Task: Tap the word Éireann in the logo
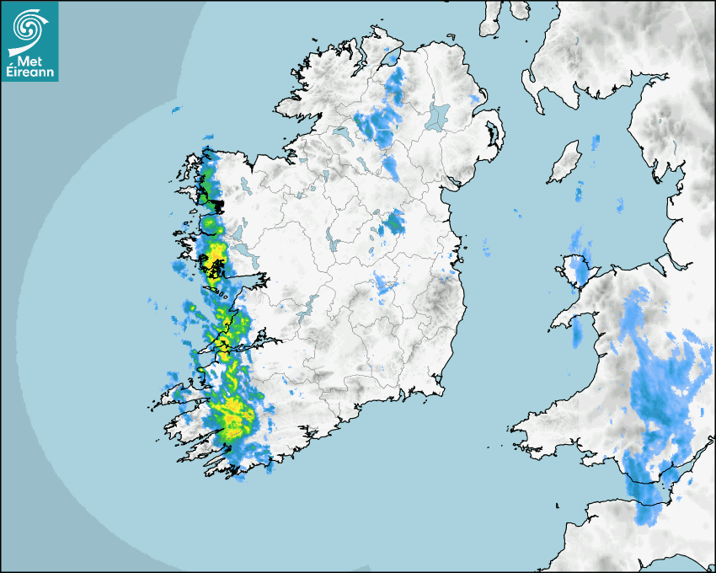pyautogui.click(x=30, y=72)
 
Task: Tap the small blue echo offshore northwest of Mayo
pyautogui.click(x=177, y=110)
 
